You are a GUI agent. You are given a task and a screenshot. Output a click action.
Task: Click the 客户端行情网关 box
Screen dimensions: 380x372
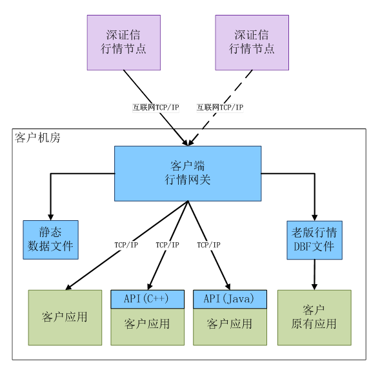[188, 174]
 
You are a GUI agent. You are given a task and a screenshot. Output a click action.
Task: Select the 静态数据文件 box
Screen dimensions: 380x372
[51, 240]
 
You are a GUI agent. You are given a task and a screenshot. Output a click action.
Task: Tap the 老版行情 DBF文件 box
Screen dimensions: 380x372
[315, 240]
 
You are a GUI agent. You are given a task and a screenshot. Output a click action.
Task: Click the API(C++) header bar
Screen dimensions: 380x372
[147, 299]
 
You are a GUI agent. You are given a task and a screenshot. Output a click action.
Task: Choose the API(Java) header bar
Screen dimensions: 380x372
[230, 299]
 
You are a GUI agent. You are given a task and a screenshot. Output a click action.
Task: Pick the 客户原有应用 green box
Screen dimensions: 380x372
[314, 317]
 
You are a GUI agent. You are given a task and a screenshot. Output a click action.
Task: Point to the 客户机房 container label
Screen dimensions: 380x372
[37, 138]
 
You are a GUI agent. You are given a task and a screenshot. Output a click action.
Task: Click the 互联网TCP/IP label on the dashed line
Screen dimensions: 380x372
[220, 107]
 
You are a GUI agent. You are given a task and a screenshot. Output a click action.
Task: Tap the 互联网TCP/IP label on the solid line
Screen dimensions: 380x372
[155, 107]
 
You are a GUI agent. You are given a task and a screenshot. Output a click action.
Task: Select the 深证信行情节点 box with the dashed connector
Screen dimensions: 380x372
[252, 43]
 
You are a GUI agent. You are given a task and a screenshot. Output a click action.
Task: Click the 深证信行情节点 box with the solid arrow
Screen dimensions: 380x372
[124, 43]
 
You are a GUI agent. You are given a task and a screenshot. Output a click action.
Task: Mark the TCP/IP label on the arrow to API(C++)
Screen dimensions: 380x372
[168, 245]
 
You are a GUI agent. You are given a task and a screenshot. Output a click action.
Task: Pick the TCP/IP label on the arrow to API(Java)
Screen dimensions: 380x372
[208, 245]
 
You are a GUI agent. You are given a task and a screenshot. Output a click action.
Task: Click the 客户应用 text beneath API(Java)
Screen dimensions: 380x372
[230, 324]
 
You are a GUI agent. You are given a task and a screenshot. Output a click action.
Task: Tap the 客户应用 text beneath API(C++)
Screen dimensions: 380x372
[147, 324]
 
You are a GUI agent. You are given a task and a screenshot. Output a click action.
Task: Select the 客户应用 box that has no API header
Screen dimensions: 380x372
[65, 317]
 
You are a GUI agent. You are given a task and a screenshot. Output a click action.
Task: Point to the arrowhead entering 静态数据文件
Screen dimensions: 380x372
[51, 217]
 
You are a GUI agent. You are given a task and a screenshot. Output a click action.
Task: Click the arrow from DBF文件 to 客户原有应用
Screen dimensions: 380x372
[315, 274]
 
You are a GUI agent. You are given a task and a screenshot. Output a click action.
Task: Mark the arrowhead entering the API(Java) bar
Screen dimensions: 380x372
[228, 287]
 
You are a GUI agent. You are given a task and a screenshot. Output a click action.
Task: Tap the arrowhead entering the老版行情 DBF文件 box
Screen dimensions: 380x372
[315, 218]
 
